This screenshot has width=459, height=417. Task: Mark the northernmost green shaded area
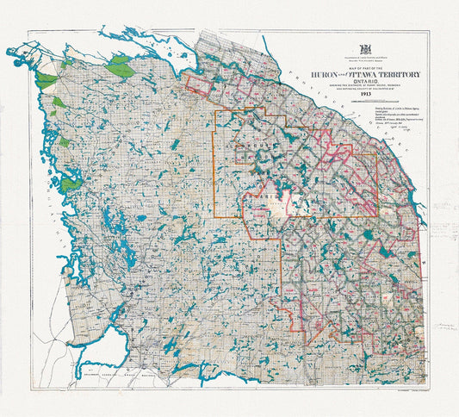coord(120,64)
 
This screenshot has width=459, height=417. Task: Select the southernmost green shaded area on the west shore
coord(70,182)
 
